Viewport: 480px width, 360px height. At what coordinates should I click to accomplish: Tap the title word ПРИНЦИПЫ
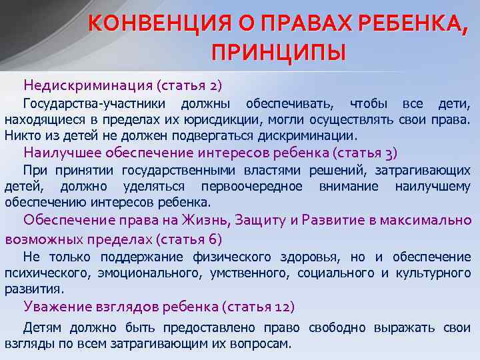point(279,51)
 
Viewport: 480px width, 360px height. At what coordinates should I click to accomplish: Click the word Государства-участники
point(93,104)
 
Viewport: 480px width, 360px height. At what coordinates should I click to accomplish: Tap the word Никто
point(21,135)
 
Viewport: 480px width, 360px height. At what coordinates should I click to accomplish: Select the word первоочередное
point(257,186)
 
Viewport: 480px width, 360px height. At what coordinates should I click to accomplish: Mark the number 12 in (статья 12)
point(281,307)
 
